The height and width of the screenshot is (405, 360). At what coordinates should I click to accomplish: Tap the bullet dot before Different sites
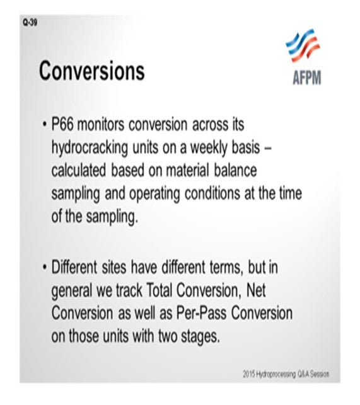44,268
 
